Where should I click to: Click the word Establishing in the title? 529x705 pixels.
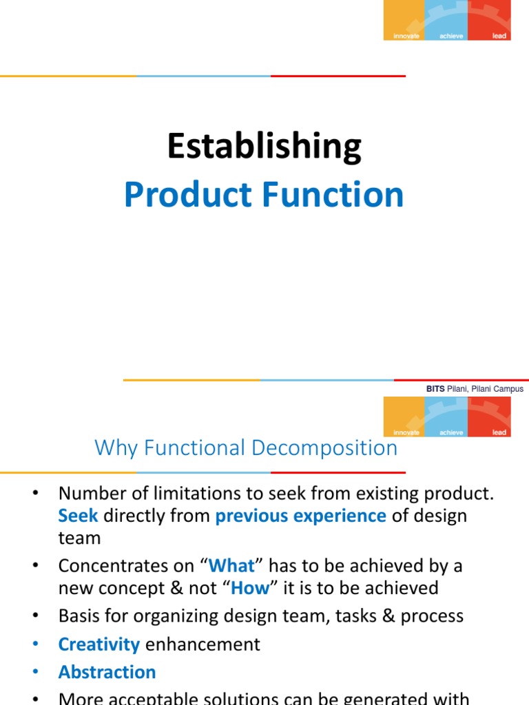[264, 148]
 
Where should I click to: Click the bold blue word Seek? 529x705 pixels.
[78, 516]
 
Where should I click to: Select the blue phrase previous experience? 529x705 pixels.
[300, 516]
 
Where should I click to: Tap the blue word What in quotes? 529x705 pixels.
[231, 566]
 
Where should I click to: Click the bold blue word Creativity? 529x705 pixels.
[98, 644]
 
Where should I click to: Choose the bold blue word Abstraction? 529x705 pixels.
[107, 672]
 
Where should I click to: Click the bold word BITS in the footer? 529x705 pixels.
[435, 389]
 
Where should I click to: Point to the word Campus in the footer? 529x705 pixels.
[506, 389]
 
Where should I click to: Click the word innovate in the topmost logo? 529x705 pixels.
[406, 36]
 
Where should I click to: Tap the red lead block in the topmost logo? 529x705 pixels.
[490, 19]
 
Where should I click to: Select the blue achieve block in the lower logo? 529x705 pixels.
[447, 417]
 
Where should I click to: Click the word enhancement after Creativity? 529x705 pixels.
[203, 644]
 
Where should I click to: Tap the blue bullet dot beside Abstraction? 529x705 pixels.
[36, 673]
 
